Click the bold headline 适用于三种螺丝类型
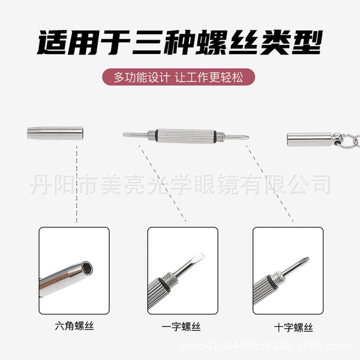[179, 43]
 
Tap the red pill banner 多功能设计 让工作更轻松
[178, 77]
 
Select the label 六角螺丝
[74, 326]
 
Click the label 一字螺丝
[181, 327]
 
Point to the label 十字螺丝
[293, 328]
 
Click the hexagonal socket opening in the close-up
[87, 268]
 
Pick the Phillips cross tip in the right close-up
[305, 261]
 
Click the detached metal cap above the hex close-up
[55, 133]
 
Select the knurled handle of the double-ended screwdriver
[185, 136]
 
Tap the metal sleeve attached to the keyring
[309, 139]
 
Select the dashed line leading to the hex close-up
[77, 184]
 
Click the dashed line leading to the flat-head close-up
[163, 183]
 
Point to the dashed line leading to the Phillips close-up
[269, 183]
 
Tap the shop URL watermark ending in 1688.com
[265, 346]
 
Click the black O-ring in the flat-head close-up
[165, 285]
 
